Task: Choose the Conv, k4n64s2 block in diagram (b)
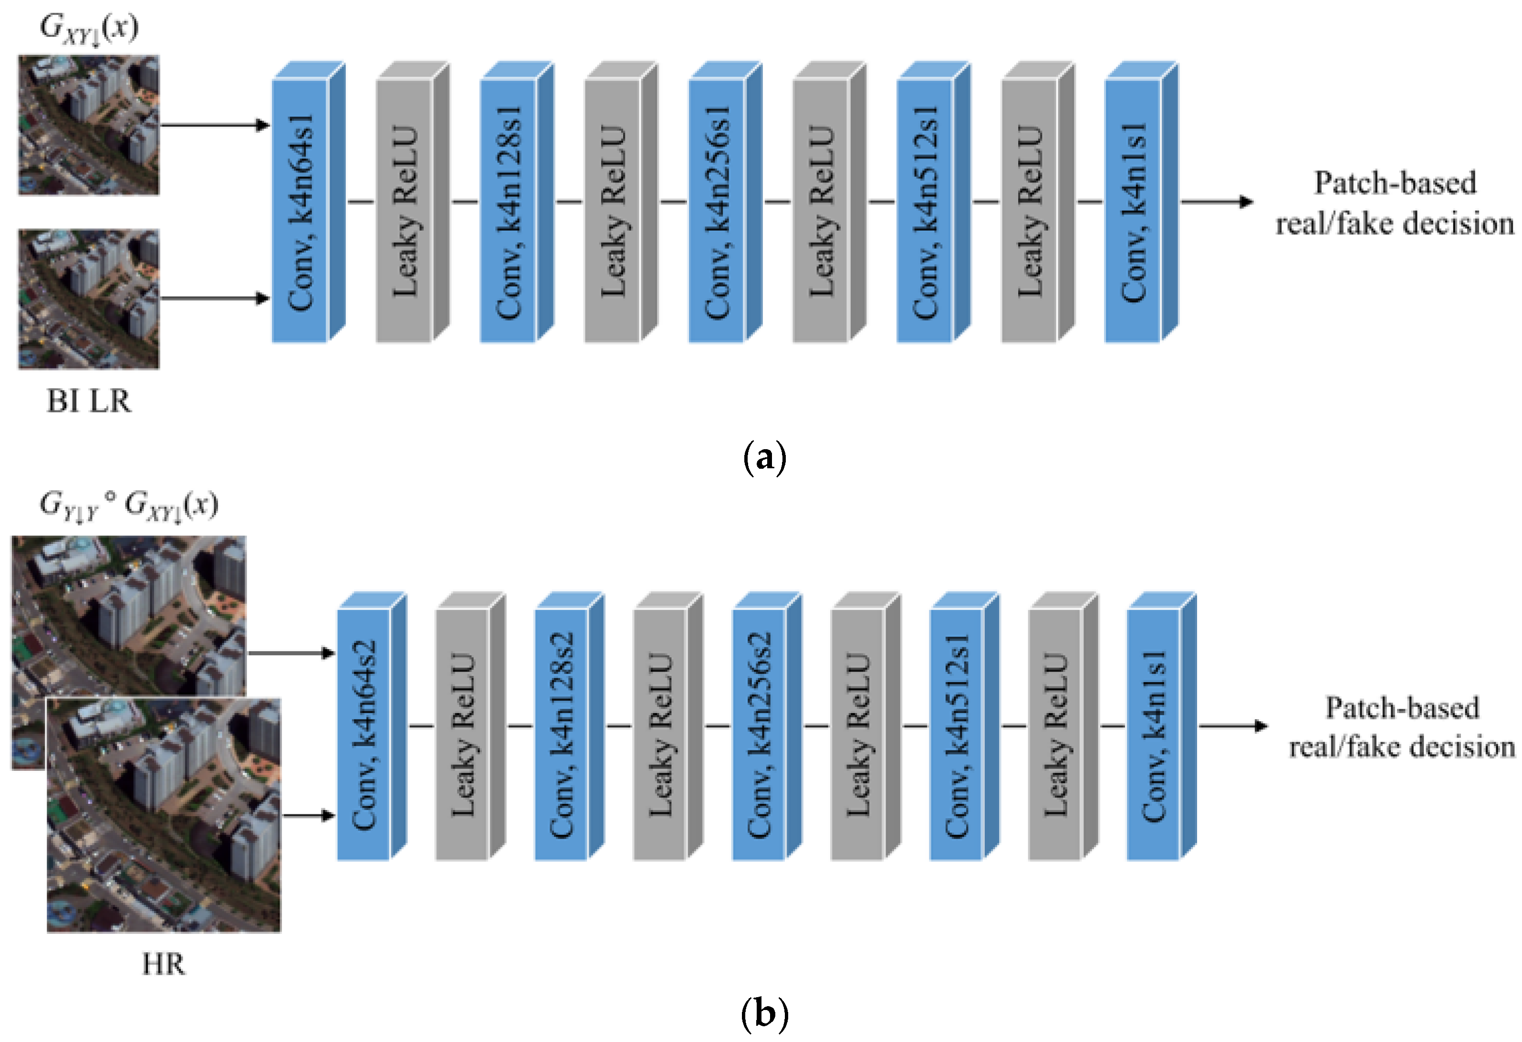tap(364, 734)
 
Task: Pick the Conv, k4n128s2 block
tap(561, 734)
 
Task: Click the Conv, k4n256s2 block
tap(759, 734)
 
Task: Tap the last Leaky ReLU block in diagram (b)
tap(1054, 734)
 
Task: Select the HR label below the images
tap(164, 965)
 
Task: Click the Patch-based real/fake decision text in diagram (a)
tap(1395, 203)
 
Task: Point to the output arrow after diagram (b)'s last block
tap(1232, 726)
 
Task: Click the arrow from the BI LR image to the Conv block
tap(215, 299)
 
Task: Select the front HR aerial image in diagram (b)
tap(164, 815)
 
